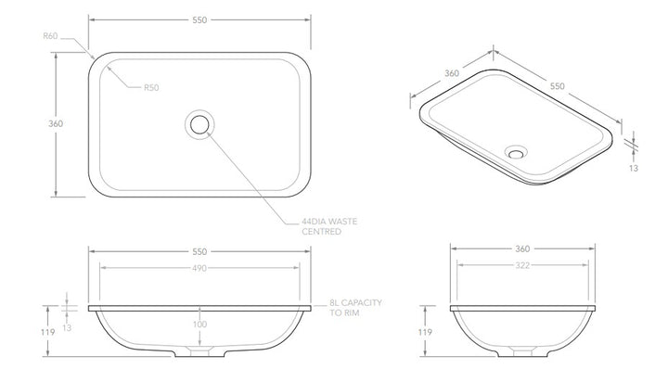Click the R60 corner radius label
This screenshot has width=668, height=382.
(51, 36)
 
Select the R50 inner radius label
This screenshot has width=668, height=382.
(151, 88)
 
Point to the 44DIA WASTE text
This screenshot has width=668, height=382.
(329, 222)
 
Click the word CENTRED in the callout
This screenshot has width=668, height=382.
(321, 232)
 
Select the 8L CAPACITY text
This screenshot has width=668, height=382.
(355, 303)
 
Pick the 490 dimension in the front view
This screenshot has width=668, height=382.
(200, 268)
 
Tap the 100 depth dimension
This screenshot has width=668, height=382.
(200, 325)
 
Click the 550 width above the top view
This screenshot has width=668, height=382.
(200, 18)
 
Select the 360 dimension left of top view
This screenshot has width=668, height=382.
(56, 123)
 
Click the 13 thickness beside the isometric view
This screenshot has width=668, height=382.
(633, 168)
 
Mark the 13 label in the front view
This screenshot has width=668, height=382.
(68, 327)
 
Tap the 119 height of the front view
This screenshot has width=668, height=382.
(47, 331)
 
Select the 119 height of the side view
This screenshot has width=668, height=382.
(425, 331)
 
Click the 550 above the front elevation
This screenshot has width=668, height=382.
(200, 250)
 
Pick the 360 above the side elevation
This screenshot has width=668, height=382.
(521, 249)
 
